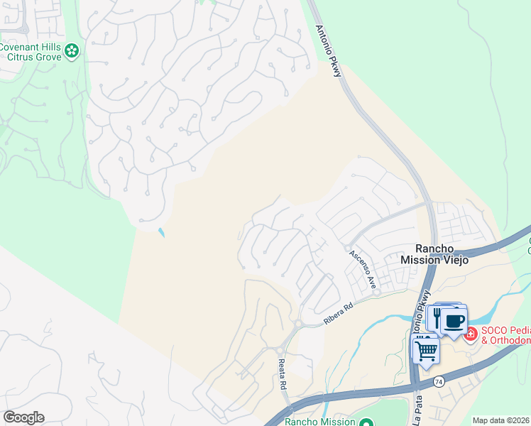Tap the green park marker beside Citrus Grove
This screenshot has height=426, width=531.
(71, 50)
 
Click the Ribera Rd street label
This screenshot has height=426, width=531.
(338, 315)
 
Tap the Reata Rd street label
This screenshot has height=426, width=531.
(282, 373)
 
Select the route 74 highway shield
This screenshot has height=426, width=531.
(439, 381)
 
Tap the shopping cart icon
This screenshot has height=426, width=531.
(426, 349)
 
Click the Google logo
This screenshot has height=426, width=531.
(23, 417)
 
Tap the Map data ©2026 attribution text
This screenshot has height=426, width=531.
(501, 420)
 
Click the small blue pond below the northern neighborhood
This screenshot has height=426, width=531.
(162, 232)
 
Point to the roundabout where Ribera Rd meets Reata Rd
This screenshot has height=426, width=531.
(297, 324)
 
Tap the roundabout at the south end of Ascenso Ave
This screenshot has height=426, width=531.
(377, 292)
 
